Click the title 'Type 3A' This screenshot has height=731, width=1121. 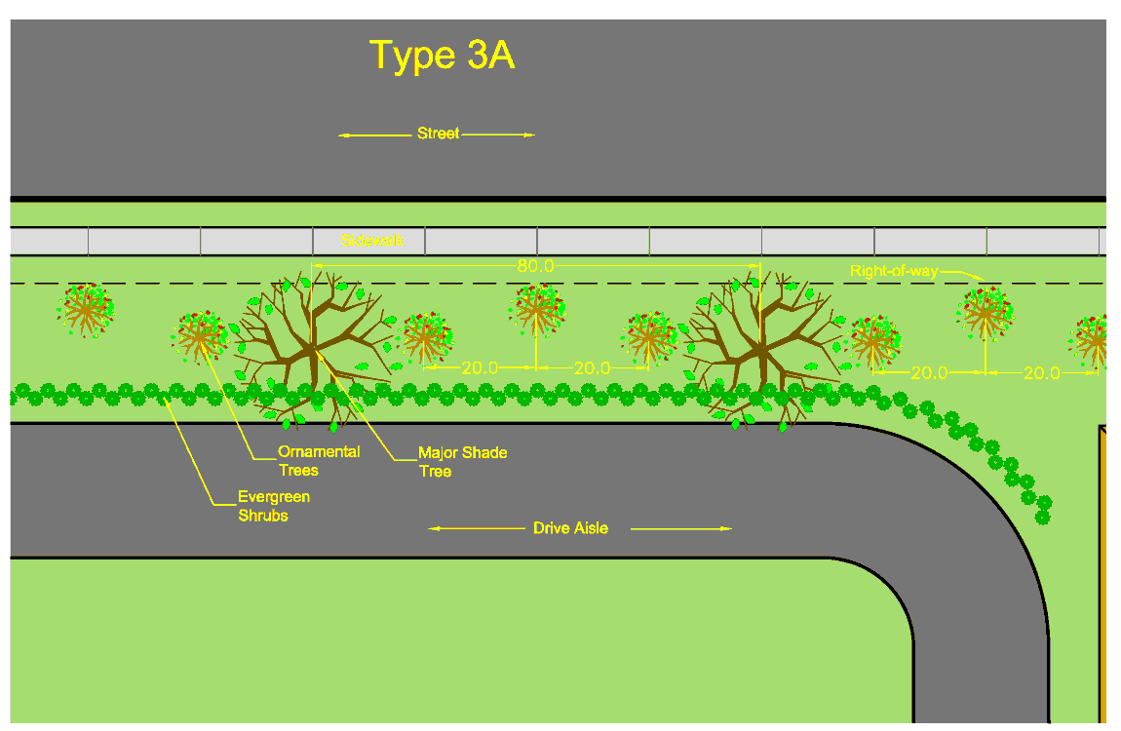click(442, 57)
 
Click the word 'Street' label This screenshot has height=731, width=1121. click(438, 134)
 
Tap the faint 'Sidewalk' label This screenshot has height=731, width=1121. click(372, 240)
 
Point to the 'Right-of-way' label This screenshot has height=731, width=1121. click(893, 271)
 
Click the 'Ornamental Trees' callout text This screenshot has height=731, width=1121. click(318, 460)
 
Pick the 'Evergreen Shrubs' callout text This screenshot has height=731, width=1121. click(274, 506)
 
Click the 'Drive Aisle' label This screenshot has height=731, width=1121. click(570, 528)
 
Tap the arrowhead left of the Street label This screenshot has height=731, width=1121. click(343, 135)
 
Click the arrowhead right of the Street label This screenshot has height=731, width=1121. click(530, 135)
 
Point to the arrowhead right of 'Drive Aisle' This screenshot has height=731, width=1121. click(726, 528)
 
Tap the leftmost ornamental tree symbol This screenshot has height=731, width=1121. click(86, 310)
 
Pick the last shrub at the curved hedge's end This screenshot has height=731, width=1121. click(1043, 517)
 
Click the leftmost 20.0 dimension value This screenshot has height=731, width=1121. click(480, 368)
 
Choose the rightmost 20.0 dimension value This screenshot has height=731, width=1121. click(1041, 372)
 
